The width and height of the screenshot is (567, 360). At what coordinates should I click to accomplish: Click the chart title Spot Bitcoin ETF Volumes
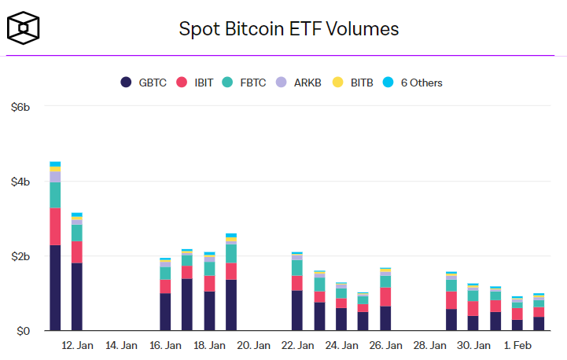click(x=289, y=30)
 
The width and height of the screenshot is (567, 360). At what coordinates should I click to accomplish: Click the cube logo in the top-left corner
click(x=24, y=29)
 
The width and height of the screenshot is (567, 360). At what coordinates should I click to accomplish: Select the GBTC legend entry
click(x=143, y=83)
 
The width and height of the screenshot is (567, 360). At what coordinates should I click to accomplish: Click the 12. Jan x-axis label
click(x=77, y=346)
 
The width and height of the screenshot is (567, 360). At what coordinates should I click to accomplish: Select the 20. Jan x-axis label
click(x=253, y=346)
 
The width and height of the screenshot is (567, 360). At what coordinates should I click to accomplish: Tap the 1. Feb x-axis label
click(x=517, y=346)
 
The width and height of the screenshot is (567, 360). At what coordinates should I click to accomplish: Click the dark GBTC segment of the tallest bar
click(x=55, y=288)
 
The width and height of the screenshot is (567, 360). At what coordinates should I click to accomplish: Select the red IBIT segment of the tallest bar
click(x=55, y=226)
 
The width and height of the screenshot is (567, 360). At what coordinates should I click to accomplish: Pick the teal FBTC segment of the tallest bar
click(x=55, y=195)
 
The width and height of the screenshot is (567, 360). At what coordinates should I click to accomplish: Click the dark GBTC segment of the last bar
click(x=539, y=324)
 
